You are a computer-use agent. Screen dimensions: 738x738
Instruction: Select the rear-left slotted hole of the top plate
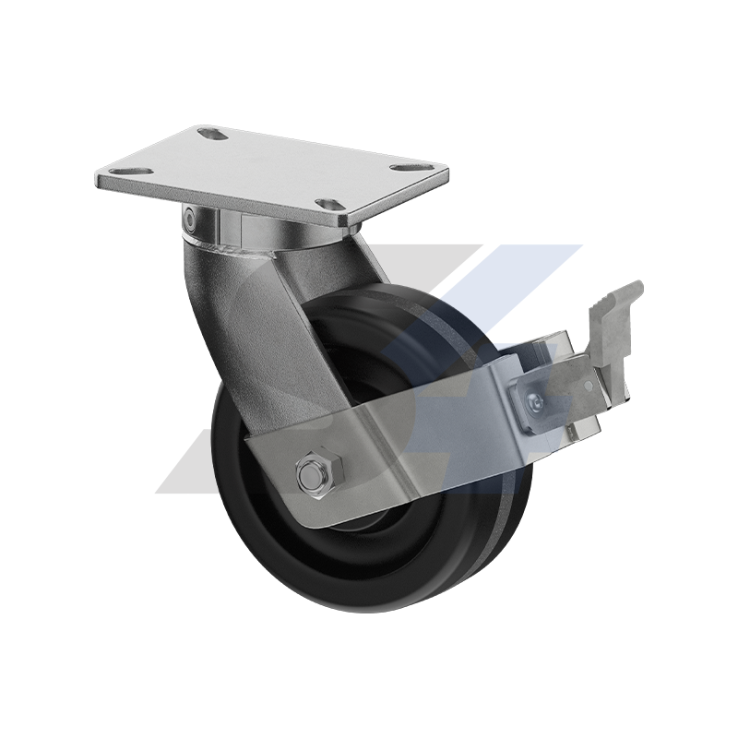pos(214,136)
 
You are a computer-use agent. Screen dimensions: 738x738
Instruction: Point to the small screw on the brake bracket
pos(536,400)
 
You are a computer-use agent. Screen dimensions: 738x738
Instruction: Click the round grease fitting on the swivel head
pos(188,219)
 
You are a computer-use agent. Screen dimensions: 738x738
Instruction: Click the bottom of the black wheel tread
pos(387,604)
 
